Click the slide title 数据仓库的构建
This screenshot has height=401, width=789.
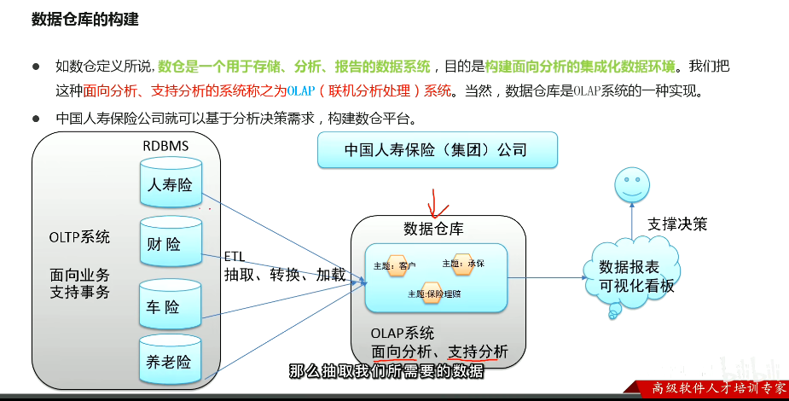point(84,19)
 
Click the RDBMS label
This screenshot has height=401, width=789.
point(165,147)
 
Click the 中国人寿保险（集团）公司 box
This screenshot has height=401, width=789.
point(436,150)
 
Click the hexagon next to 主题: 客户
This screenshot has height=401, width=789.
point(397,266)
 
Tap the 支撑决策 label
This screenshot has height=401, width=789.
point(677,224)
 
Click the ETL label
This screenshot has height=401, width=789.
point(235,256)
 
